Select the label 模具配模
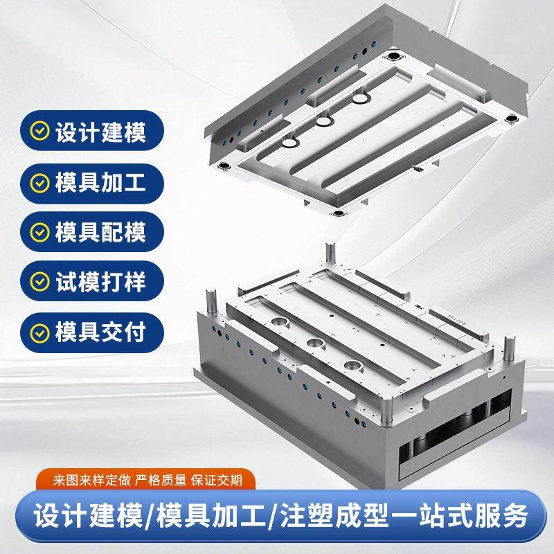click(101, 233)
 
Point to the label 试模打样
click(101, 283)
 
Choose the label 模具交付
click(101, 333)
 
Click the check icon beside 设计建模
click(41, 131)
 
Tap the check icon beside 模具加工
click(41, 182)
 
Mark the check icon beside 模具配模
click(41, 233)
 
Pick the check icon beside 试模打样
click(41, 283)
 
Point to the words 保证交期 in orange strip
click(217, 479)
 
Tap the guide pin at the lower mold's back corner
click(330, 253)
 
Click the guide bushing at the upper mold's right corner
click(511, 118)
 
